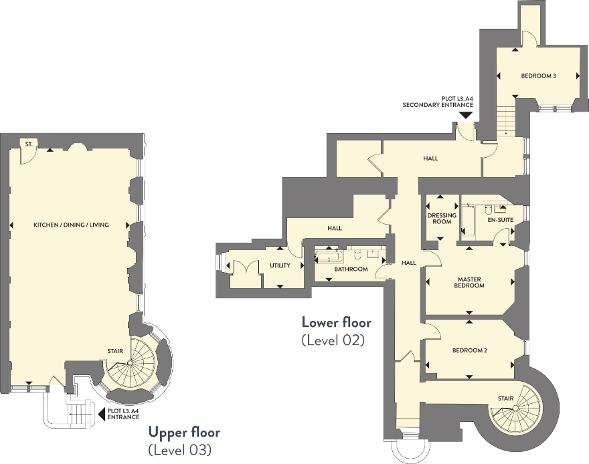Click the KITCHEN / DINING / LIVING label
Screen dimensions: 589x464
click(x=72, y=225)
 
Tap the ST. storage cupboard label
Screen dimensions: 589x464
click(x=29, y=144)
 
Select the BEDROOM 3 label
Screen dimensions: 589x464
click(x=538, y=76)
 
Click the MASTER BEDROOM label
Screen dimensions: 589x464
click(x=469, y=282)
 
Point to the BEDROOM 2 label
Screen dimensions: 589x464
click(x=470, y=350)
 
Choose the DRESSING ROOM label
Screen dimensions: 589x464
click(x=442, y=219)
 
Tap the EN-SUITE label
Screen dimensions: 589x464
click(x=501, y=220)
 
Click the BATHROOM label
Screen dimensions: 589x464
click(x=351, y=269)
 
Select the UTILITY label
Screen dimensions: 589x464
click(x=280, y=265)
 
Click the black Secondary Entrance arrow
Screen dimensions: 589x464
click(x=466, y=116)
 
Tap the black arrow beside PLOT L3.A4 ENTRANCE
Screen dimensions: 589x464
click(x=101, y=414)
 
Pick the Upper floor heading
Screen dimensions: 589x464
click(x=184, y=432)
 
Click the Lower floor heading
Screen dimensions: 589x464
click(x=337, y=322)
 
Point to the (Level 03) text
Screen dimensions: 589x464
click(x=179, y=449)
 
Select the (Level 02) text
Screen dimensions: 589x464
click(x=333, y=340)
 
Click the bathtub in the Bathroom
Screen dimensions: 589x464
click(x=329, y=257)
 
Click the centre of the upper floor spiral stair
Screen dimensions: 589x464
click(x=129, y=362)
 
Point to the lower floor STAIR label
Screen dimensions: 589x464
click(x=505, y=398)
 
